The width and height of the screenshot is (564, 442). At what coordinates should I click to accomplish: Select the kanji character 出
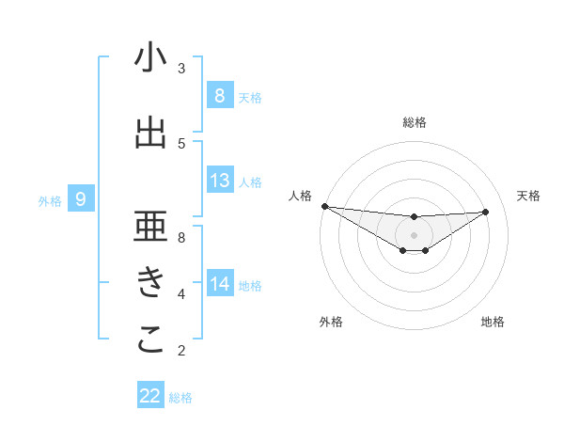coord(150,134)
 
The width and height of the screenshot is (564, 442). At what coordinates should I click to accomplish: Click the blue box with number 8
coord(219,96)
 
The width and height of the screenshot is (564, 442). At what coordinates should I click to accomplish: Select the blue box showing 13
coord(219,181)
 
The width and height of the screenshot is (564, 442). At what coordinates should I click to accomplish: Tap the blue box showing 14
coord(219,284)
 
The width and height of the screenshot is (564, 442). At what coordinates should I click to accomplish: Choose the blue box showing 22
coord(150,396)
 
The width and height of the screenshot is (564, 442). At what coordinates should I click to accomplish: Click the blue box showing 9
coord(82,199)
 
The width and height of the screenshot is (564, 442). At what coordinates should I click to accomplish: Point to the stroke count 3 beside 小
coord(181,68)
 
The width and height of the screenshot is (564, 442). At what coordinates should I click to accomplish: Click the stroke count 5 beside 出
coord(181,143)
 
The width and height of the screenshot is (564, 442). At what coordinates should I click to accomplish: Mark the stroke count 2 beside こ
coord(181,351)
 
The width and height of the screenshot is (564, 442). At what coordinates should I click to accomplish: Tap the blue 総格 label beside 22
coord(180,398)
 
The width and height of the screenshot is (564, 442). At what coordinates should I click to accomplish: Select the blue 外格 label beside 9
coord(50,200)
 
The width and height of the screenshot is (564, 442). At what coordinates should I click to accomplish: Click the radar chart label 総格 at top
coord(414,122)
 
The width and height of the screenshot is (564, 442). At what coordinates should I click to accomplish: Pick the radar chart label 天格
coord(529,196)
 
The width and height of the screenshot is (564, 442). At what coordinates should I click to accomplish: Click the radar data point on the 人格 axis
coord(324,206)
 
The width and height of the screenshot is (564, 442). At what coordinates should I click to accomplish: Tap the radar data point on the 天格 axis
coord(486,212)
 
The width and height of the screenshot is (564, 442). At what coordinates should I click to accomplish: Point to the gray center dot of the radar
coord(414,234)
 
